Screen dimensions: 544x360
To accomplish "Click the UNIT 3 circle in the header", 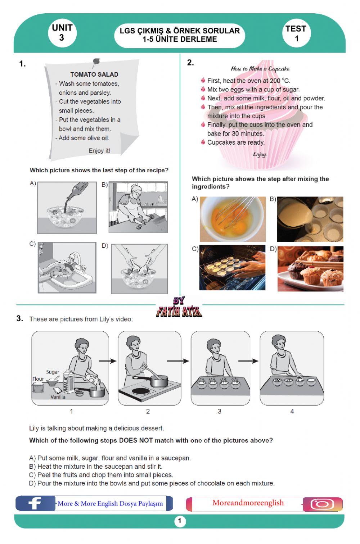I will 62,33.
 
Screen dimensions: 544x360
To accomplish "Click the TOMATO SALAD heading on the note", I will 94,74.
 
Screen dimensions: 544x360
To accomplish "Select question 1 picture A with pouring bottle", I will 67,208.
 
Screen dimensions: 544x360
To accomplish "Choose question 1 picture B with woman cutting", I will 138,207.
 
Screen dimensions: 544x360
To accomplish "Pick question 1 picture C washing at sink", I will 67,268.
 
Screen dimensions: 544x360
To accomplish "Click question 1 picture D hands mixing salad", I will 139,268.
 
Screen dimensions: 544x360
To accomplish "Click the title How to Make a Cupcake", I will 260,69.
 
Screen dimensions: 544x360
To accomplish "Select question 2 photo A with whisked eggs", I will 233,219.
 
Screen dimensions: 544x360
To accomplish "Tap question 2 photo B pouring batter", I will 310,219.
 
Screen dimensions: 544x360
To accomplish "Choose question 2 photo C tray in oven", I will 232,268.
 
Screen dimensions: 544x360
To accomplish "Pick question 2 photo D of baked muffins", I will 310,268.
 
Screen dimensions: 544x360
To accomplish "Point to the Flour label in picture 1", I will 38,379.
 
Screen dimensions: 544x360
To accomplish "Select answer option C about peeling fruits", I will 101,475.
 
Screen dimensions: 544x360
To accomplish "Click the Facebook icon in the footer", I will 35,503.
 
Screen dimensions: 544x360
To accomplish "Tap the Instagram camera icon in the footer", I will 322,504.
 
